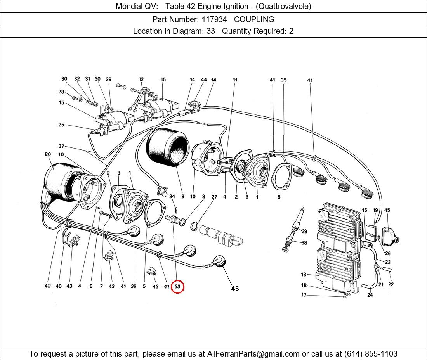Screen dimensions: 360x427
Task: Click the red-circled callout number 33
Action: [177, 287]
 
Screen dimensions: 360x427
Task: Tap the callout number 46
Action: [235, 288]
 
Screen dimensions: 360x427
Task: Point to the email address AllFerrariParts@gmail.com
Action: [253, 354]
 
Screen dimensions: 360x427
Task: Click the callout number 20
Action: [48, 154]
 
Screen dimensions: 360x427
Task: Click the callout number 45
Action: [387, 210]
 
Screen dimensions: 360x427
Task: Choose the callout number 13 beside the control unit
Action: [304, 275]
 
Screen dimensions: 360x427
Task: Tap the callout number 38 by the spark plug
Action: [304, 243]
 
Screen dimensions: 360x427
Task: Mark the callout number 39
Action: [304, 232]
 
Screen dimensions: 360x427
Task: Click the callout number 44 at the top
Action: [203, 80]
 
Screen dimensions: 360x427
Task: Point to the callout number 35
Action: [284, 80]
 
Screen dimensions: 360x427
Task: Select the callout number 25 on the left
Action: [61, 125]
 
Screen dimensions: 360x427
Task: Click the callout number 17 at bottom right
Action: [304, 295]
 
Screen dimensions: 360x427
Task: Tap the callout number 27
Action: [214, 197]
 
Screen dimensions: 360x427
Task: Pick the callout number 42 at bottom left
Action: [47, 286]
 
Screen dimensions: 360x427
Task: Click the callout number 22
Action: [391, 284]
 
